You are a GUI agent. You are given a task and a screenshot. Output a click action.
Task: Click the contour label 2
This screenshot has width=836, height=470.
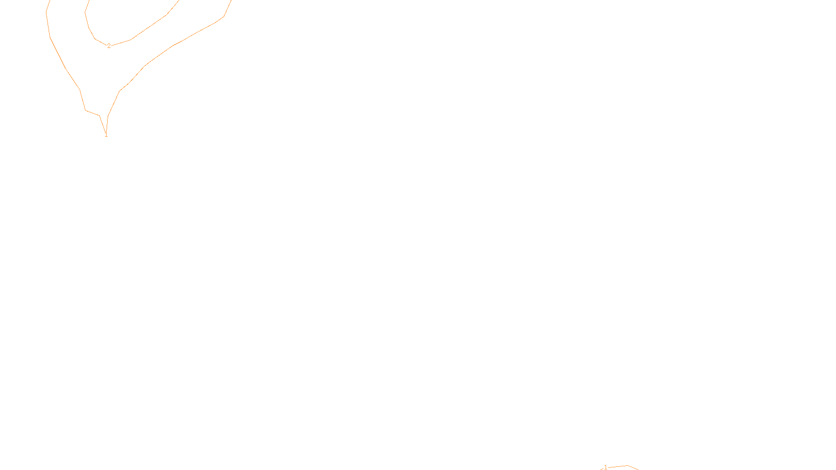tap(109, 46)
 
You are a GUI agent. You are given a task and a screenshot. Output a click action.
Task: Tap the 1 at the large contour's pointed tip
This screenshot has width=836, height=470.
tap(106, 135)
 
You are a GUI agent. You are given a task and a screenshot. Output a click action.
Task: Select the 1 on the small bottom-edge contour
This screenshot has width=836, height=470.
tap(606, 467)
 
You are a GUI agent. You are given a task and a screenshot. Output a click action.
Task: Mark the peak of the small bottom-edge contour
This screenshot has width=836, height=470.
tap(626, 465)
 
